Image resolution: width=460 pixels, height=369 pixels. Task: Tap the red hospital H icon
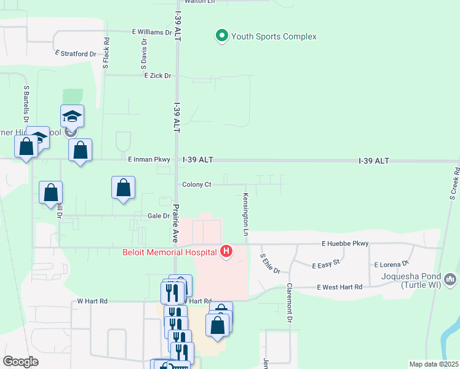point(227,252)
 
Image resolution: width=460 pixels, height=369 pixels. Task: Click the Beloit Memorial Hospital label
point(167,252)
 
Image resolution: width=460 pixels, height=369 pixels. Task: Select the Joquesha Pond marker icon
point(450,280)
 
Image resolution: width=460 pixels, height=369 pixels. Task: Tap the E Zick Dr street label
point(158,76)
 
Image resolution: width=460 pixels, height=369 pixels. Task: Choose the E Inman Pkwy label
point(149,159)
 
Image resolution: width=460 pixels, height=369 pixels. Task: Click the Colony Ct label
point(197,184)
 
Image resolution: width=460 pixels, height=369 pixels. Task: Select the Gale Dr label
point(159,216)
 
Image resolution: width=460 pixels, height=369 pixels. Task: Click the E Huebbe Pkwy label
point(345,244)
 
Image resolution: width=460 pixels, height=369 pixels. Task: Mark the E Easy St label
point(327,266)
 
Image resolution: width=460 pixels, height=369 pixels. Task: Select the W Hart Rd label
point(92,301)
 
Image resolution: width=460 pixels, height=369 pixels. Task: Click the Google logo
point(20,361)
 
